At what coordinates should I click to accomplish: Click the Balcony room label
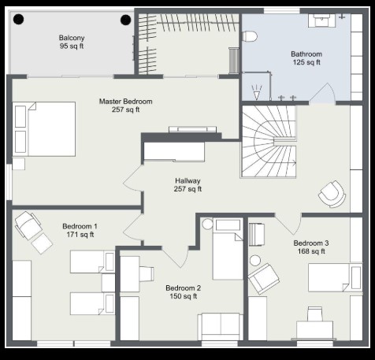click(72, 42)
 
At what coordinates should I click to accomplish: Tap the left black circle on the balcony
click(19, 19)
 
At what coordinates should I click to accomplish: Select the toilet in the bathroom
click(249, 36)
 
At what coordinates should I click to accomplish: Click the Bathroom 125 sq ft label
click(306, 58)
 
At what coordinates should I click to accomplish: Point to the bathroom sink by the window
click(321, 20)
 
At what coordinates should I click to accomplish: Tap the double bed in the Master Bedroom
click(44, 129)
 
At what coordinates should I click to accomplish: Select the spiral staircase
click(269, 142)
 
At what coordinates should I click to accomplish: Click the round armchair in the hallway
click(332, 194)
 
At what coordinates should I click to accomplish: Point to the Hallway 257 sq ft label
click(187, 184)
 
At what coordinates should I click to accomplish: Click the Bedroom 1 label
click(80, 230)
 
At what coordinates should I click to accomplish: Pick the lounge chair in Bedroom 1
click(33, 232)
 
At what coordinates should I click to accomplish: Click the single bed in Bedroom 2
click(228, 249)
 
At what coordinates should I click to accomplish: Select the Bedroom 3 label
click(311, 247)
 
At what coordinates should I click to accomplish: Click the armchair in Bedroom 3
click(264, 279)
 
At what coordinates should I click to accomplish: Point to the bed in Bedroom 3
click(336, 277)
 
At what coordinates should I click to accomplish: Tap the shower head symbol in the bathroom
click(257, 92)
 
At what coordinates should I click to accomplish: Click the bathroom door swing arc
click(332, 92)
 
